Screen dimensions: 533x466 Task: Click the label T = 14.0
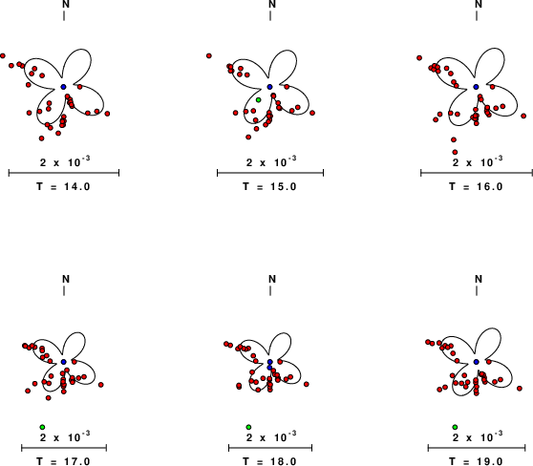tap(63, 186)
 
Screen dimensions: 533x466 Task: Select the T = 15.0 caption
tap(269, 186)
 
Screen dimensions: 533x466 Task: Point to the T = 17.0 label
tap(63, 461)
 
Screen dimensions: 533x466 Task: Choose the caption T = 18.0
tap(269, 461)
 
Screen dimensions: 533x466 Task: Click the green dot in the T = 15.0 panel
tap(258, 100)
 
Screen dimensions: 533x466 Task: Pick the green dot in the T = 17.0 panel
tap(42, 427)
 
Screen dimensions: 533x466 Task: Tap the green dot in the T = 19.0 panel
tap(455, 427)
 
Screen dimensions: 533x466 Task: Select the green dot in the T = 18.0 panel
tap(248, 427)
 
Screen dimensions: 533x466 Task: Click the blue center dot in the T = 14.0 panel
tap(64, 87)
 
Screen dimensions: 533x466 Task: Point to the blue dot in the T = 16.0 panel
tap(477, 87)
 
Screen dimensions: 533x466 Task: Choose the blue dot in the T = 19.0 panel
tap(477, 362)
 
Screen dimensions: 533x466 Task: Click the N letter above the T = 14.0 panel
tap(66, 4)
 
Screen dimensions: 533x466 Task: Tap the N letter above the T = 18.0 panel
tap(272, 279)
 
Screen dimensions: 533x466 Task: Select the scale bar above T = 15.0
tap(270, 173)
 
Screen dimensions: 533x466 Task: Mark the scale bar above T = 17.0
tap(64, 448)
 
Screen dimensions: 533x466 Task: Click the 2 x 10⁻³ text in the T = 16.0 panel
tap(478, 161)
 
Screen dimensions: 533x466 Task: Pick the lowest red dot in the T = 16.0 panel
tap(455, 152)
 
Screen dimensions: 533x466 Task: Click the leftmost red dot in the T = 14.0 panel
tap(3, 55)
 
